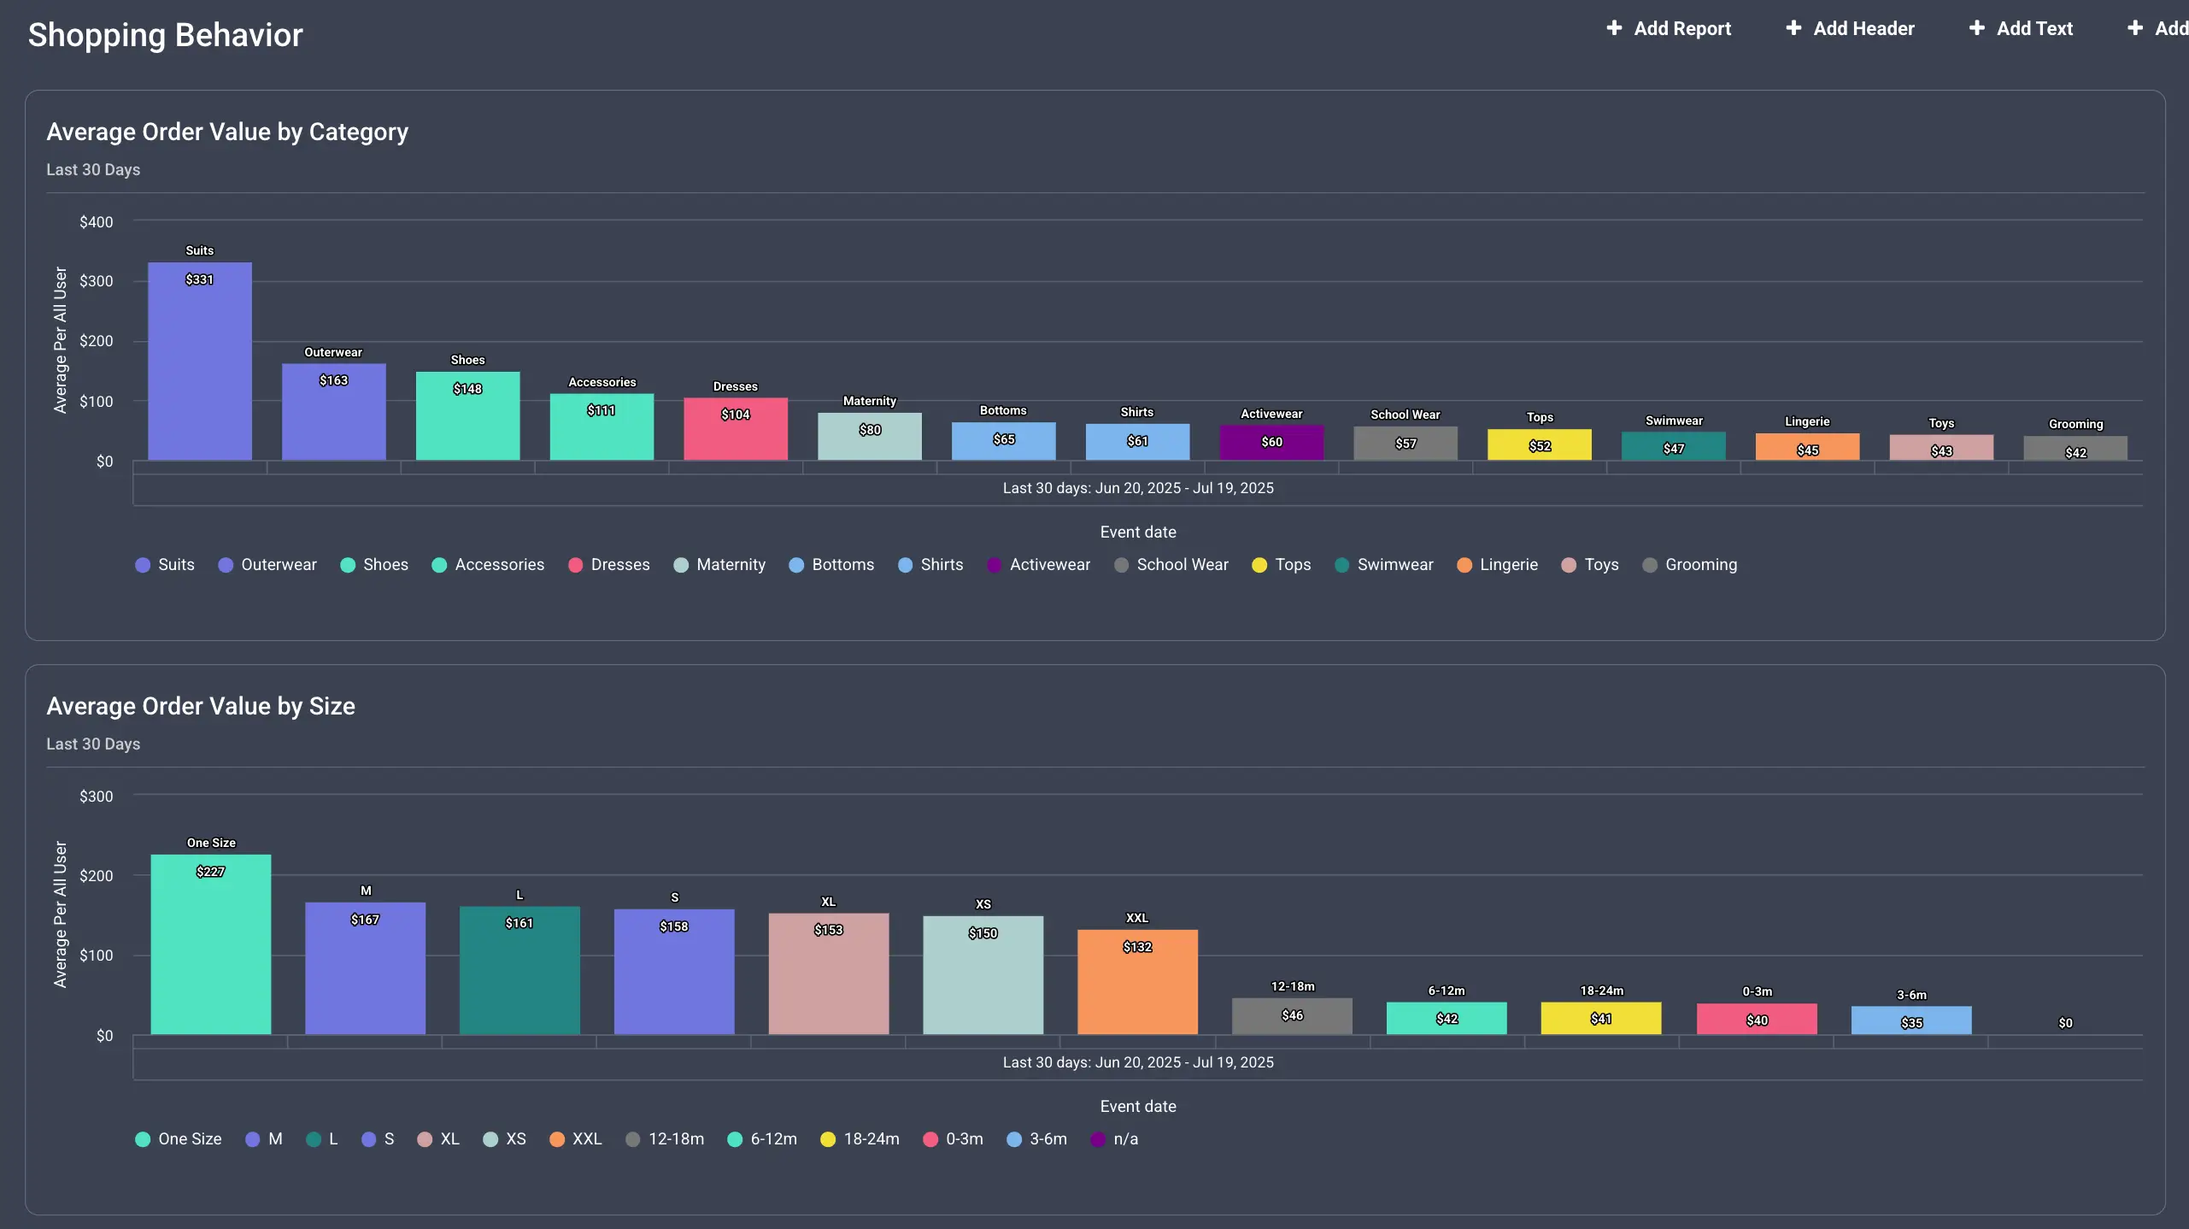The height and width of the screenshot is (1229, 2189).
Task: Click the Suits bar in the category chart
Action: pyautogui.click(x=199, y=368)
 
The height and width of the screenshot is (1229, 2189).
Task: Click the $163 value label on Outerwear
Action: pyautogui.click(x=333, y=380)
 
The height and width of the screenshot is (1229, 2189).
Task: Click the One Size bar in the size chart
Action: pyautogui.click(x=210, y=949)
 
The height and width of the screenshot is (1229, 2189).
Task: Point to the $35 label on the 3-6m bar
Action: pyautogui.click(x=1911, y=1023)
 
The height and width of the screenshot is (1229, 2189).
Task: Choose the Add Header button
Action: pyautogui.click(x=1850, y=28)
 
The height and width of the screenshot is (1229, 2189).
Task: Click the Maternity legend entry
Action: pyautogui.click(x=719, y=565)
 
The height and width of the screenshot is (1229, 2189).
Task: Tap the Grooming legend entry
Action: pyautogui.click(x=1690, y=565)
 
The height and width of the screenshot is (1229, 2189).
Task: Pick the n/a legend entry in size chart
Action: pyautogui.click(x=1115, y=1139)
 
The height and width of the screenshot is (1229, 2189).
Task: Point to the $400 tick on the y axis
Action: pyautogui.click(x=96, y=222)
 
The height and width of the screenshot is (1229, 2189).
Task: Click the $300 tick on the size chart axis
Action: pyautogui.click(x=96, y=797)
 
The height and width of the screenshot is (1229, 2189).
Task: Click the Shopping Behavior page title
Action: pyautogui.click(x=165, y=35)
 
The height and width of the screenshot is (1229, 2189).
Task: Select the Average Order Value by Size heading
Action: pyautogui.click(x=201, y=706)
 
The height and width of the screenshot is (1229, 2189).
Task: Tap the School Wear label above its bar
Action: pyautogui.click(x=1405, y=415)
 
